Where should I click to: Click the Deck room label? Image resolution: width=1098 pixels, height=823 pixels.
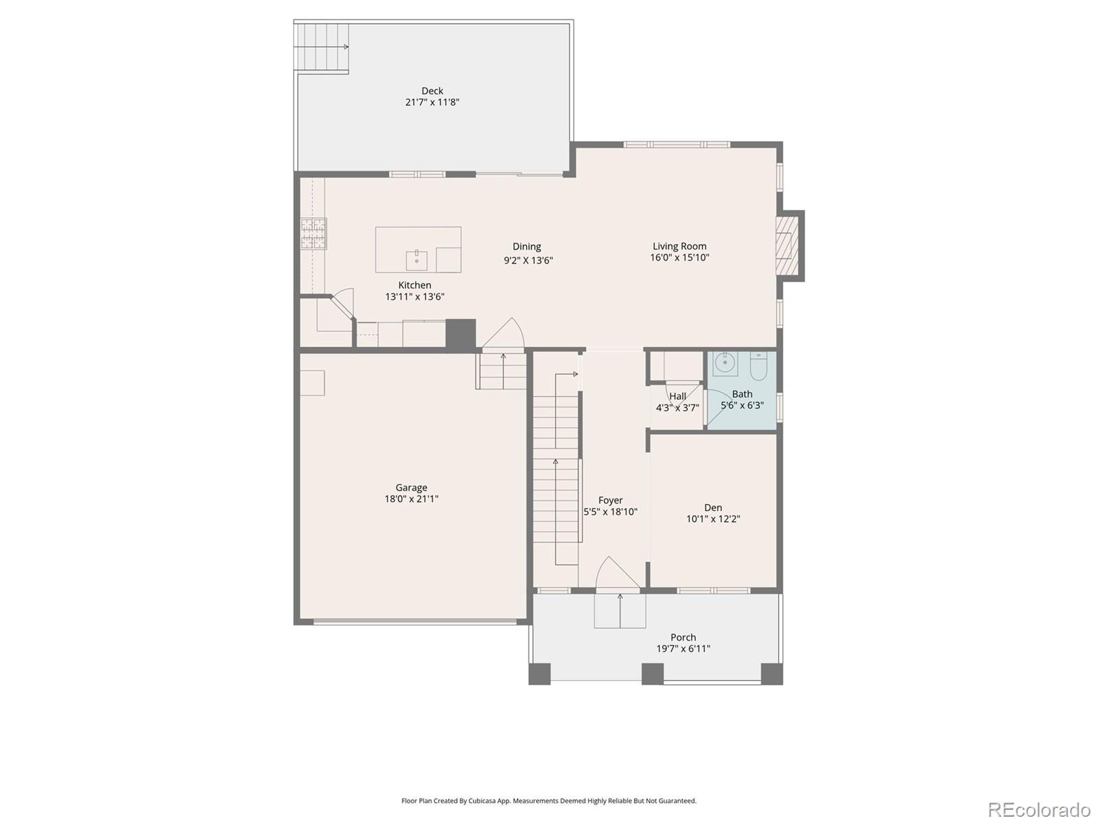click(432, 91)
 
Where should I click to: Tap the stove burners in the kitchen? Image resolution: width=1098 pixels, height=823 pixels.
click(313, 233)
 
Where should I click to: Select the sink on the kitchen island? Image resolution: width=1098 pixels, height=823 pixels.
click(417, 261)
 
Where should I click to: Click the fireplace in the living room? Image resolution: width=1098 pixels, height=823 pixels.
click(787, 245)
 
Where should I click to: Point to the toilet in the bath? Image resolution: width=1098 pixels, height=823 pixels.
click(758, 366)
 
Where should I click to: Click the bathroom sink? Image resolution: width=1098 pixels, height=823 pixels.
click(725, 363)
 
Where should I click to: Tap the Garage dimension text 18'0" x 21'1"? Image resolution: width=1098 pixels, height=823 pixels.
click(411, 499)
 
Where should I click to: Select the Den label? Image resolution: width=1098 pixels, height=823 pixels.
click(713, 508)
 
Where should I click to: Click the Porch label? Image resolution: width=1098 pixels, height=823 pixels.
click(683, 637)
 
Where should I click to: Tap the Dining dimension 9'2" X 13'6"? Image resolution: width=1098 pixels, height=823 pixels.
click(528, 261)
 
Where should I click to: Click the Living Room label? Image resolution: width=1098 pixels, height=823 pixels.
click(679, 246)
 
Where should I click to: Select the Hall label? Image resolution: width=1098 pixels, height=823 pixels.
click(677, 396)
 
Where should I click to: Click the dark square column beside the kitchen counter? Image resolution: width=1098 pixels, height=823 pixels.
click(460, 333)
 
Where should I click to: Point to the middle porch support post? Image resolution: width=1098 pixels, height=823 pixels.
click(653, 673)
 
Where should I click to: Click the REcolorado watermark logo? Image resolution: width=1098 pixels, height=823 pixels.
click(1039, 809)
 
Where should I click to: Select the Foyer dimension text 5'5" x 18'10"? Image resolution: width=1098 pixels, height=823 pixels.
click(610, 512)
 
